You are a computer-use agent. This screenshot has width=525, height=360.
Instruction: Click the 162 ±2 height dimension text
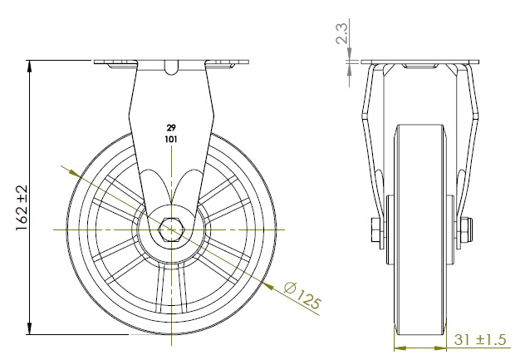click(22, 208)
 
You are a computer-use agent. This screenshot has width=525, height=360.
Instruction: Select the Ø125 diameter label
click(302, 296)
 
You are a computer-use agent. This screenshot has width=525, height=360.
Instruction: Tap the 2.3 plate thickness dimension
click(342, 33)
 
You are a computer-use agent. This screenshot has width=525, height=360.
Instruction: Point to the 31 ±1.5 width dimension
click(479, 339)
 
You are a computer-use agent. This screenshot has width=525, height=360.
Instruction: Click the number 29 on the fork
click(171, 128)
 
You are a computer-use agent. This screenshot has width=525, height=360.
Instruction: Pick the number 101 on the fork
click(171, 139)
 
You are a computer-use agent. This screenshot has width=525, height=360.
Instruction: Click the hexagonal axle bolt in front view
click(171, 229)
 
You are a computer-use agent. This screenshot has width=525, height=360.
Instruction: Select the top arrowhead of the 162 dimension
click(30, 67)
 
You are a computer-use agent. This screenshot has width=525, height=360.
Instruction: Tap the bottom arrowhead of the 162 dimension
click(30, 328)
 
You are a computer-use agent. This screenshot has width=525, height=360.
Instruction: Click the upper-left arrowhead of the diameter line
click(75, 173)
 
